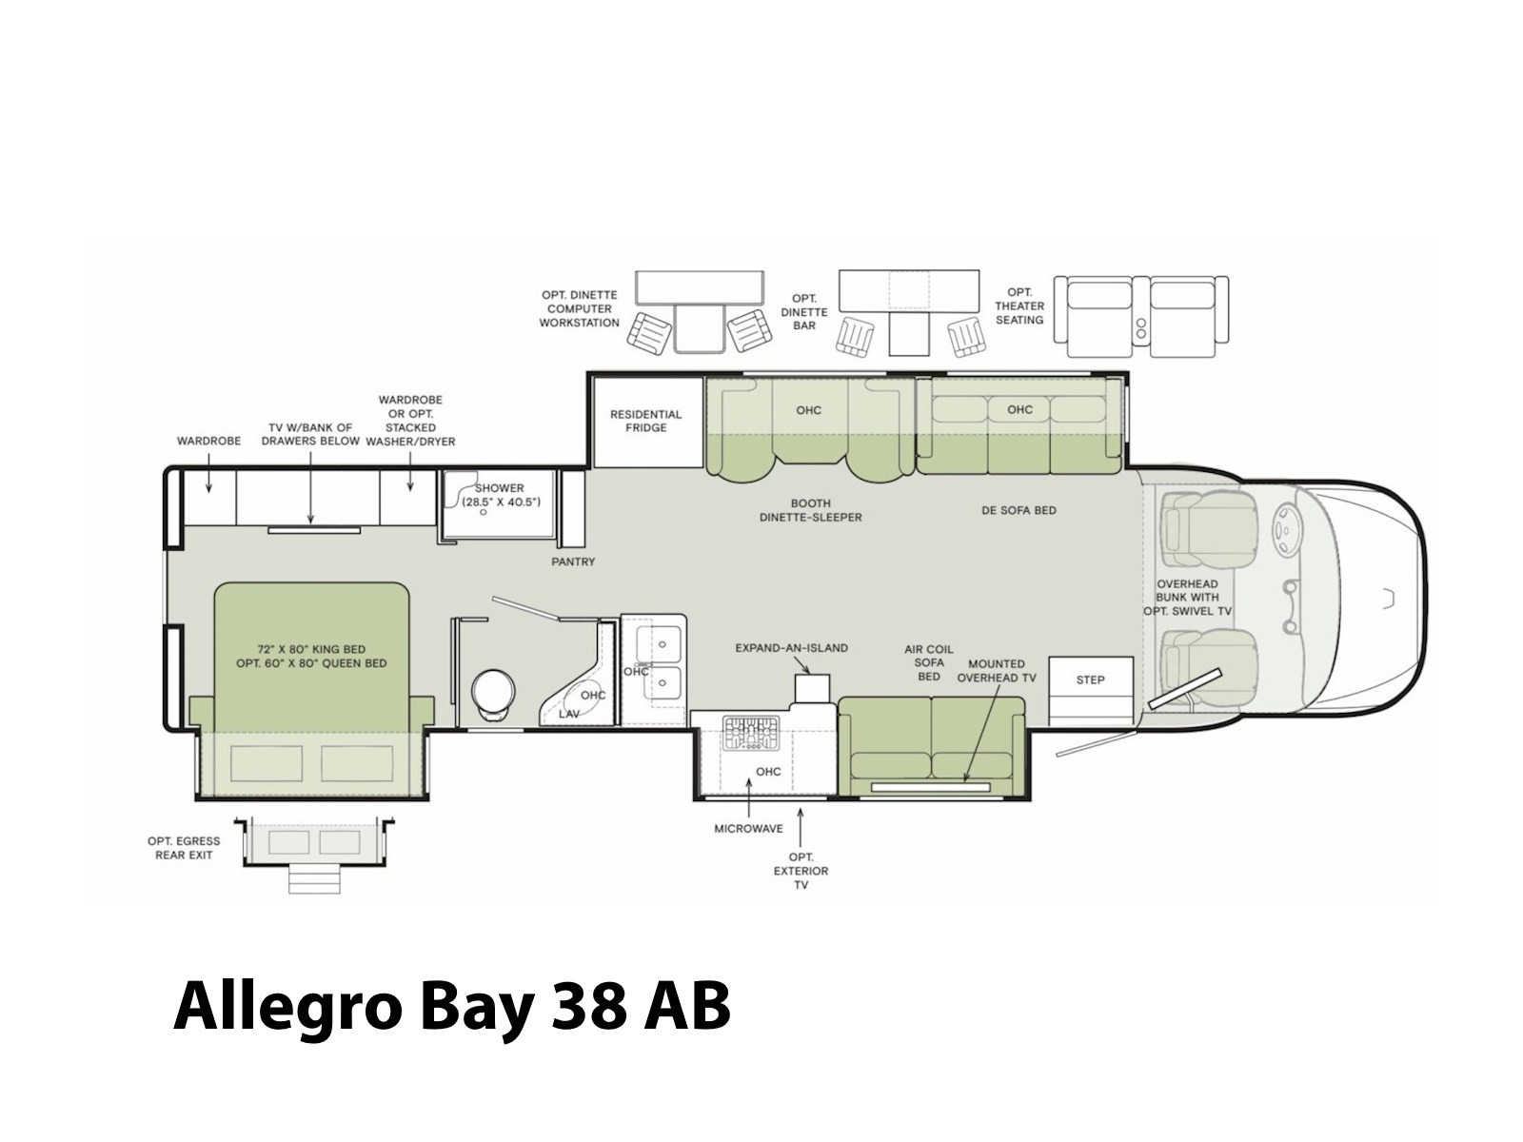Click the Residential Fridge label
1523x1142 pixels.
[645, 421]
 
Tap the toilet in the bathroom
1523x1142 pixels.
[494, 695]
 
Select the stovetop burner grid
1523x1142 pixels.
[750, 733]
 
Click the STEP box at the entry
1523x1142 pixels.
[1089, 689]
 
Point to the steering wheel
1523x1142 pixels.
[1285, 530]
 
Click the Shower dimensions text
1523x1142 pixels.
[501, 502]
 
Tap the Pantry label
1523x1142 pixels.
[573, 561]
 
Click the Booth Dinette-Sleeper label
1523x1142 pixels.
[810, 510]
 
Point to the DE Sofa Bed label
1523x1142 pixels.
[1019, 510]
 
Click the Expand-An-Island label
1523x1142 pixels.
[792, 648]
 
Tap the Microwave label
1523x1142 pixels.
[749, 829]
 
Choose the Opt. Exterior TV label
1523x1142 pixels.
[801, 871]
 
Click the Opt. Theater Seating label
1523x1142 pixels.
[1019, 305]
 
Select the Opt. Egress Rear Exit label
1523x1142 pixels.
[184, 848]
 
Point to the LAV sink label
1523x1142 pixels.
[569, 714]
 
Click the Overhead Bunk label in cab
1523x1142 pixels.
[1187, 597]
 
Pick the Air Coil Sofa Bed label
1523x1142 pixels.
[929, 663]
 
